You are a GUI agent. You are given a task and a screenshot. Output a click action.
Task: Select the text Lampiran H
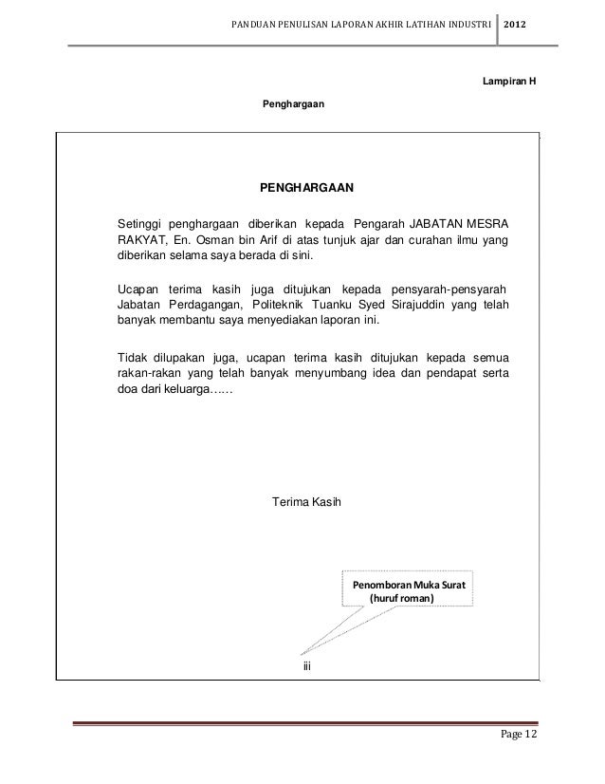pyautogui.click(x=509, y=81)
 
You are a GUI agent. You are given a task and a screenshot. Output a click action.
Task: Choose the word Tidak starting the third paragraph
pyautogui.click(x=131, y=357)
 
